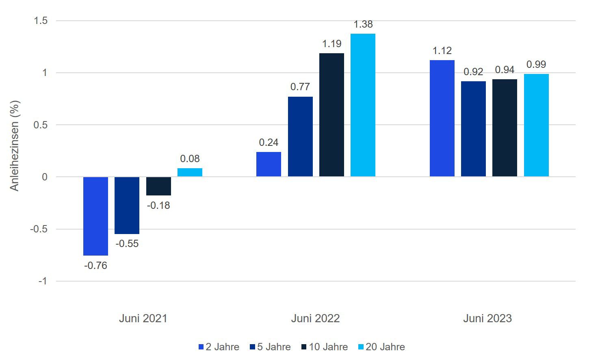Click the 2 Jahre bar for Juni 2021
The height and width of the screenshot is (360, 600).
95,216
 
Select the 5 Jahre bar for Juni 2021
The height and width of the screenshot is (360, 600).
127,205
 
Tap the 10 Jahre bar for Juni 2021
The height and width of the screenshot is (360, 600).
158,186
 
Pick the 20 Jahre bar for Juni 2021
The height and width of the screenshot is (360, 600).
190,173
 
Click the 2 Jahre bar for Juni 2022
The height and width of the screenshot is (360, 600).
269,165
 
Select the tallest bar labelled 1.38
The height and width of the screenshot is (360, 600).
363,105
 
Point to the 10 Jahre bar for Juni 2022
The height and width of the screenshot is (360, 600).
331,115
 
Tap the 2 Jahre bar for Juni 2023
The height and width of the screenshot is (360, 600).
442,118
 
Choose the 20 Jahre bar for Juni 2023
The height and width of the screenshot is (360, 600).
536,125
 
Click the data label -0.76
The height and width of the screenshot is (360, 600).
95,266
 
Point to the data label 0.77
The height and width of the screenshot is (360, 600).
300,87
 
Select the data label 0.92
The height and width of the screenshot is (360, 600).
473,72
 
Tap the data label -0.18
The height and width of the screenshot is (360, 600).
158,206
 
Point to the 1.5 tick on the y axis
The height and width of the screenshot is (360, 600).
40,21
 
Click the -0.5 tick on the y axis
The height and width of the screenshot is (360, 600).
39,229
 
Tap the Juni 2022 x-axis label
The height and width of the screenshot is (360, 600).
315,318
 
